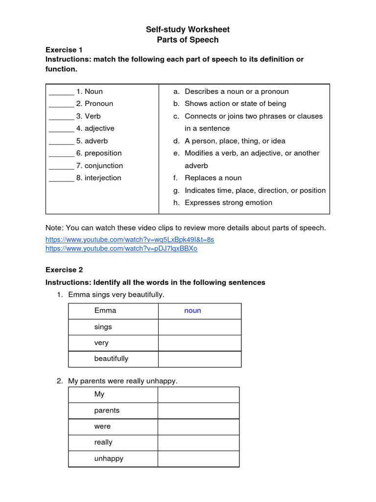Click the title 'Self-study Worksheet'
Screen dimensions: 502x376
188,29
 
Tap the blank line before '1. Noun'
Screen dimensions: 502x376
61,92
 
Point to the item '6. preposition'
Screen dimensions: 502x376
98,153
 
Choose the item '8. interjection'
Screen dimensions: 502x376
98,178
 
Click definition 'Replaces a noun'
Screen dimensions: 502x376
213,178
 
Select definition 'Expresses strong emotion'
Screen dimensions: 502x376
228,202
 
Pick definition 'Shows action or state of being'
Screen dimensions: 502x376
235,103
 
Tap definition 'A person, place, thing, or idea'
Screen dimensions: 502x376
235,141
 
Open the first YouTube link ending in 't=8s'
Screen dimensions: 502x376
130,239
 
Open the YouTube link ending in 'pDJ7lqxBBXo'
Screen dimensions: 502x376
121,249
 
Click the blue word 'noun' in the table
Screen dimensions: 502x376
192,311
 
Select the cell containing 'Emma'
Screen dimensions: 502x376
113,311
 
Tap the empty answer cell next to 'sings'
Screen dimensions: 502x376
199,327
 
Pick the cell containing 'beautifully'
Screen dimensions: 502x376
113,359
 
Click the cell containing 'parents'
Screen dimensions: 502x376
113,411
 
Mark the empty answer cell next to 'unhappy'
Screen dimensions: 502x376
198,459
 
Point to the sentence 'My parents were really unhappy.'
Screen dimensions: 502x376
122,381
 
